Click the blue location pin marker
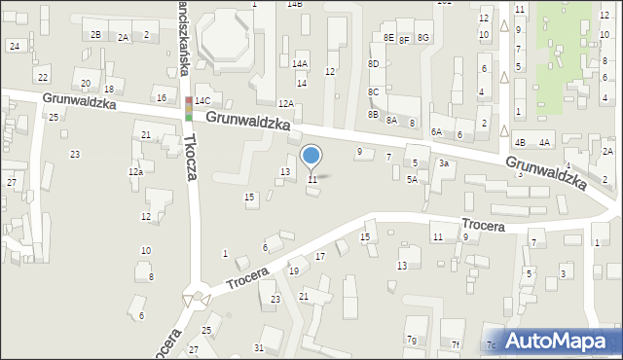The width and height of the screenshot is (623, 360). tap(311, 156)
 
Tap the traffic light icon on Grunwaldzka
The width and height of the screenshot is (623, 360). tap(188, 108)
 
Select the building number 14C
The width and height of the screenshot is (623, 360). tap(202, 100)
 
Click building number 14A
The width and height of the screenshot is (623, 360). tap(300, 63)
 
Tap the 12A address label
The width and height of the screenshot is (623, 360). tap(285, 103)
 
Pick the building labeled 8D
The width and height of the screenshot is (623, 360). tap(373, 63)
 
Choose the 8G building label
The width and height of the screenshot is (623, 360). tap(422, 37)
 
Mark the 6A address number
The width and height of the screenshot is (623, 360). tap(437, 131)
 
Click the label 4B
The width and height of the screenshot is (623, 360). tap(520, 143)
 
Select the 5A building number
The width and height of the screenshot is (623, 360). tap(412, 179)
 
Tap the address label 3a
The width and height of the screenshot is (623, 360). tap(443, 163)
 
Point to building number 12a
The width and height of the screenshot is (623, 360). tap(135, 172)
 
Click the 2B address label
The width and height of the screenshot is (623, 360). tap(95, 35)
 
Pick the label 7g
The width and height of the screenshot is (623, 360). tap(413, 340)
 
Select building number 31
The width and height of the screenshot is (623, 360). tap(258, 347)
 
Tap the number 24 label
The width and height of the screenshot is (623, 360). tap(14, 46)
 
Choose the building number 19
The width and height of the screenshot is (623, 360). tap(293, 270)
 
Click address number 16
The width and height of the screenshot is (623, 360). tap(162, 97)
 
